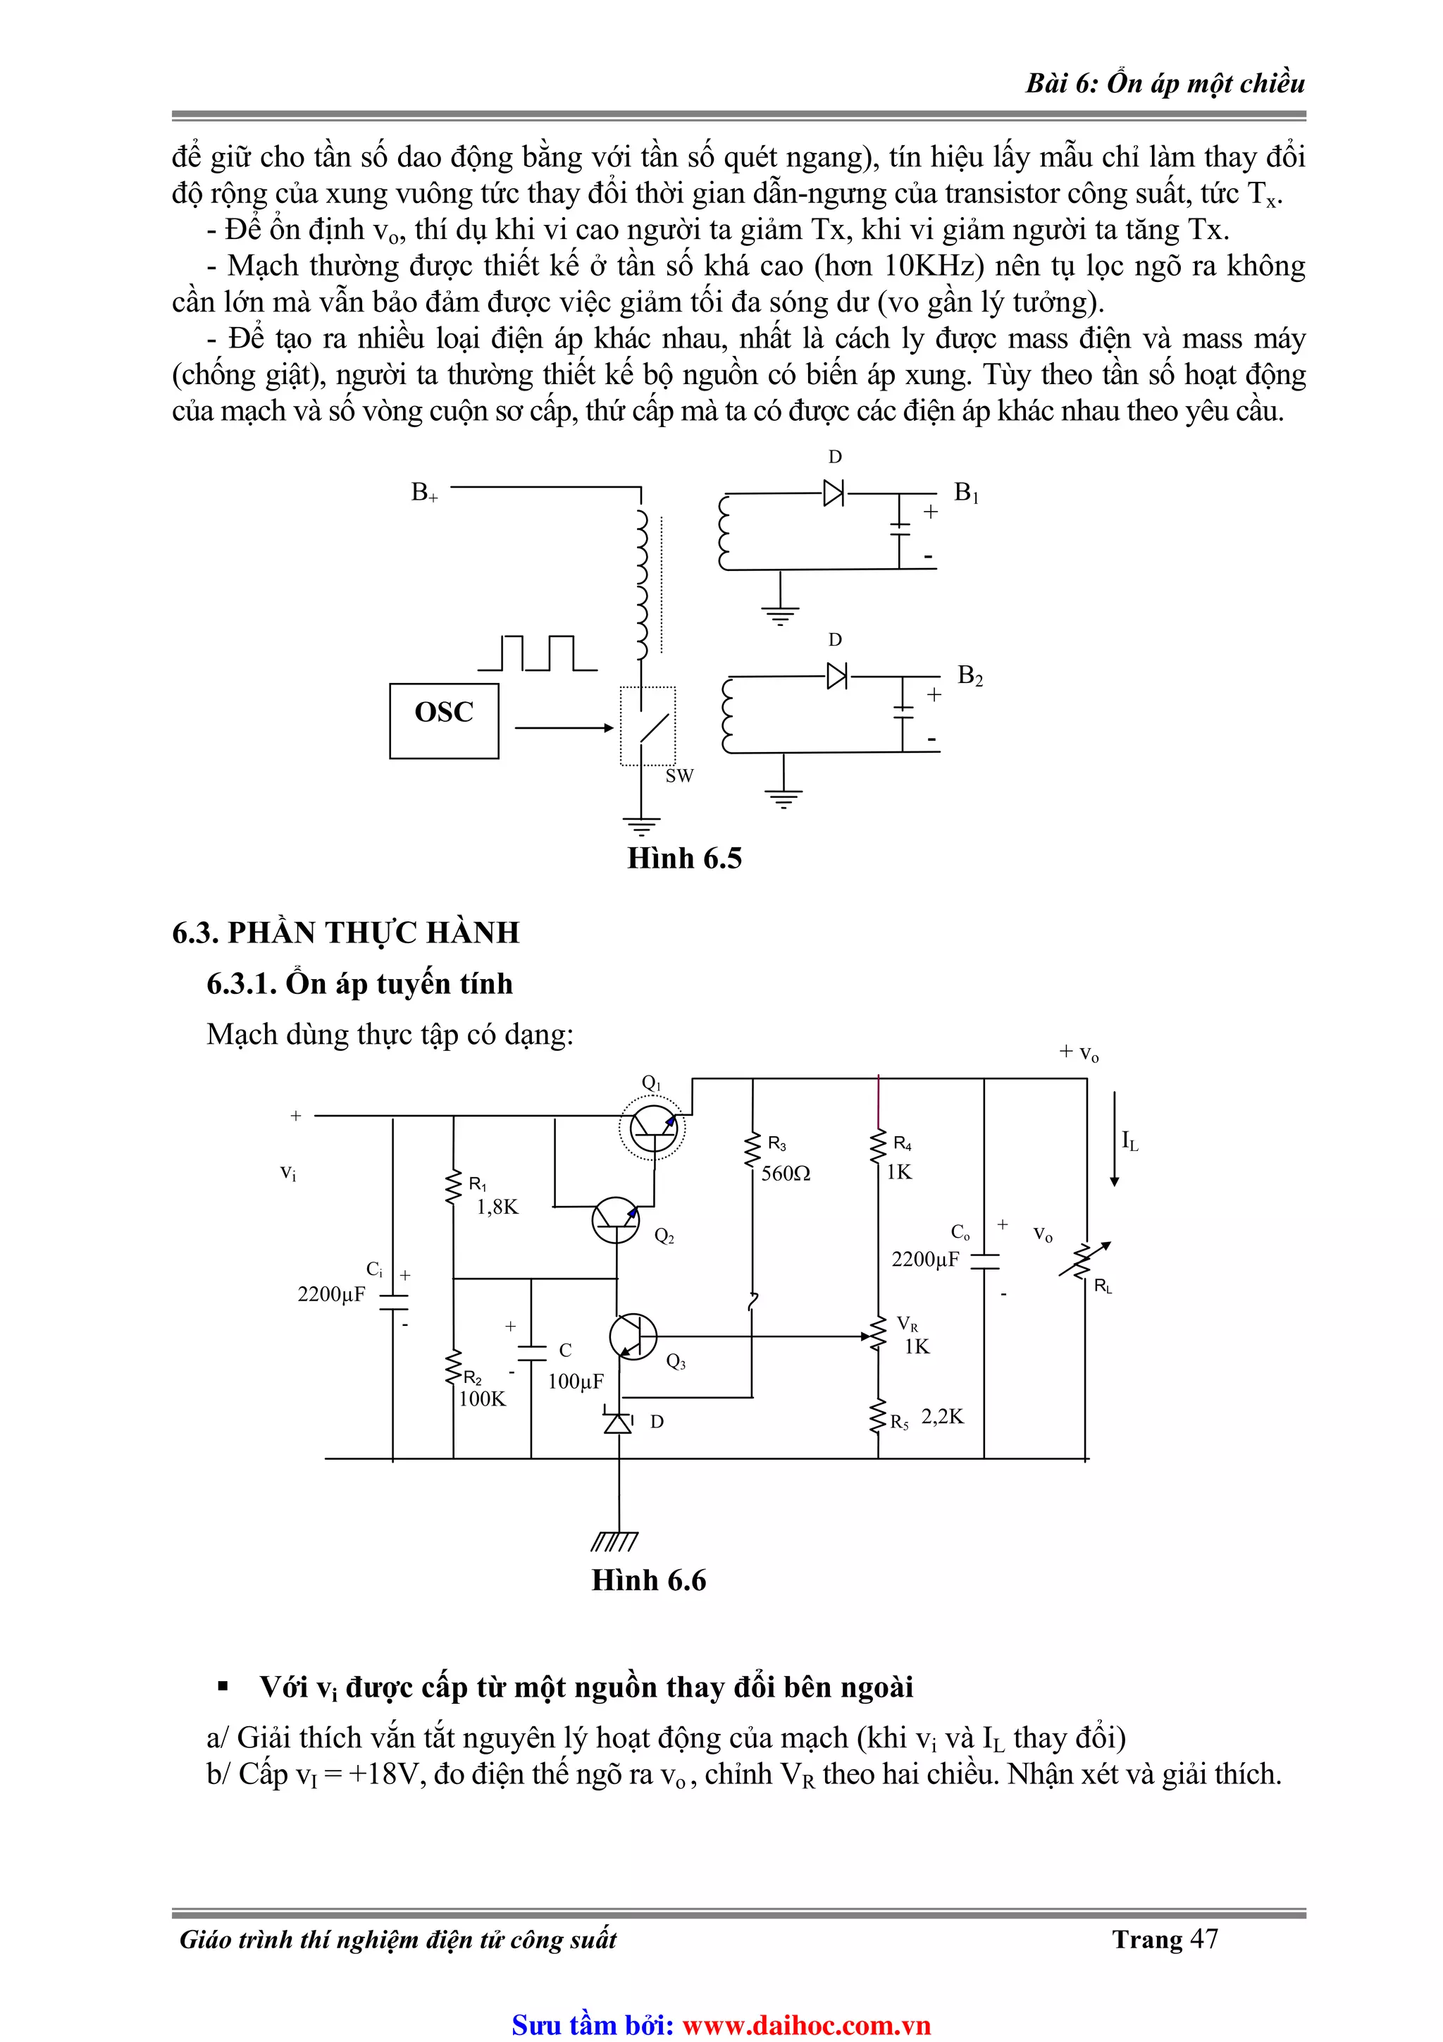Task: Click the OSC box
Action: [x=444, y=720]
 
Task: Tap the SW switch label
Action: [x=679, y=775]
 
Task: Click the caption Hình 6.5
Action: [x=685, y=859]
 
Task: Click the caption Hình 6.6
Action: [x=649, y=1580]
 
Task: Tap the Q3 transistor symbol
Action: [x=633, y=1336]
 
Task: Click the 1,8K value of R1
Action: [x=497, y=1207]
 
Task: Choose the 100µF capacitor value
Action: [x=575, y=1382]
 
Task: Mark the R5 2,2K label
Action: [x=927, y=1417]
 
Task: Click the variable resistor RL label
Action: [x=1103, y=1286]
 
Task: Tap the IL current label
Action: [x=1129, y=1141]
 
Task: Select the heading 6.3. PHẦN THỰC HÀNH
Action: [x=346, y=932]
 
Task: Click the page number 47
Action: [x=1204, y=1939]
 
